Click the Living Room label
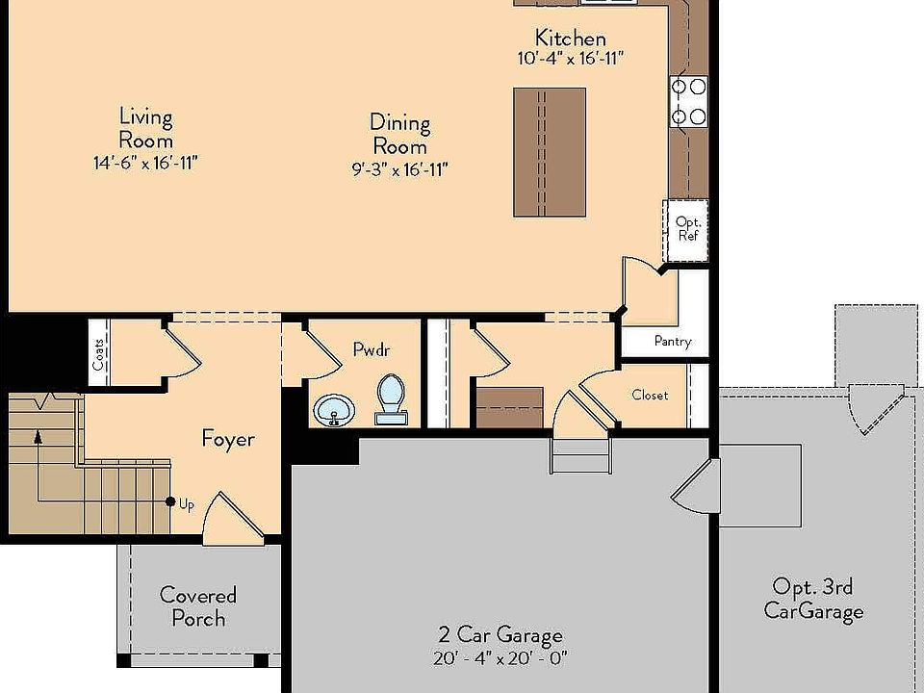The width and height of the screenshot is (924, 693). (x=146, y=129)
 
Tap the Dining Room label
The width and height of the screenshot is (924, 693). (x=399, y=135)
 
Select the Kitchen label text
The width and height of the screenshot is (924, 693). (x=571, y=38)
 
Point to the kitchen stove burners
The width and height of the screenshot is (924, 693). (x=689, y=102)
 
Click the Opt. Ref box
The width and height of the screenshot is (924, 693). (x=686, y=229)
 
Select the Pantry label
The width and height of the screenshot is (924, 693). (x=672, y=341)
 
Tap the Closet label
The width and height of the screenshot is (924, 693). (x=650, y=395)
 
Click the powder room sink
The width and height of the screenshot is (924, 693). (x=335, y=409)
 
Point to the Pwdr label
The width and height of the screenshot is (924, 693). (x=372, y=350)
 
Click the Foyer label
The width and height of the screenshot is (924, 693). (x=228, y=440)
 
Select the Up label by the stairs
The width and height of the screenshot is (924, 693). (x=186, y=503)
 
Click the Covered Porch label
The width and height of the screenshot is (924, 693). (x=198, y=606)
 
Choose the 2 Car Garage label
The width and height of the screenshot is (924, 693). (x=500, y=635)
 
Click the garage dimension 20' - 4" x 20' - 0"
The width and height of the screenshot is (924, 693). (x=500, y=659)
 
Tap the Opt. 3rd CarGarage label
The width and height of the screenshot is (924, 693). (x=813, y=599)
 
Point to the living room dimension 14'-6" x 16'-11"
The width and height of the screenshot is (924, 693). (x=145, y=164)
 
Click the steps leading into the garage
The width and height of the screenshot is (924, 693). (x=580, y=452)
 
